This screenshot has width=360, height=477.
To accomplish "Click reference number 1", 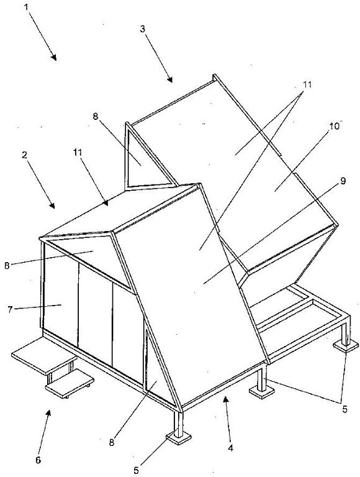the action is [x=27, y=7].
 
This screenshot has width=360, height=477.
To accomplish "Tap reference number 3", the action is [x=143, y=29].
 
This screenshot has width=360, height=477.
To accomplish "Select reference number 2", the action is [x=25, y=155].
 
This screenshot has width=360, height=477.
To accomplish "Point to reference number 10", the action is [x=334, y=126].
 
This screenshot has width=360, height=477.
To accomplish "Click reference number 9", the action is [x=343, y=181].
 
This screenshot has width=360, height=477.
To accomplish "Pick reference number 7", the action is [x=11, y=309].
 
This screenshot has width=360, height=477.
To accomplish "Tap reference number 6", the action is [x=38, y=460].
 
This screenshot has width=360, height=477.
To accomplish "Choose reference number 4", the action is [x=231, y=448].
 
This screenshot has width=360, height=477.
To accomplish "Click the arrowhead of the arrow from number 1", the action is [x=53, y=57].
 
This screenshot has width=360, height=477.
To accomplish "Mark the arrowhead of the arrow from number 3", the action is [x=169, y=79].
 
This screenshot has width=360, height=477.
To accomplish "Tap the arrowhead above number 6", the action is [x=48, y=413].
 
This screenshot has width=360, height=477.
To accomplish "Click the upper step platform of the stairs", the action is [x=44, y=355].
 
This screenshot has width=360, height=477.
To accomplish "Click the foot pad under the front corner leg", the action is [x=179, y=438].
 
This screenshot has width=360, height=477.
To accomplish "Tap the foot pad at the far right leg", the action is [x=346, y=346].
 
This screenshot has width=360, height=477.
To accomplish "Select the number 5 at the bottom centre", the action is [x=136, y=470].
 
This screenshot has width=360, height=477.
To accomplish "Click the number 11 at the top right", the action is [x=307, y=84].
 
